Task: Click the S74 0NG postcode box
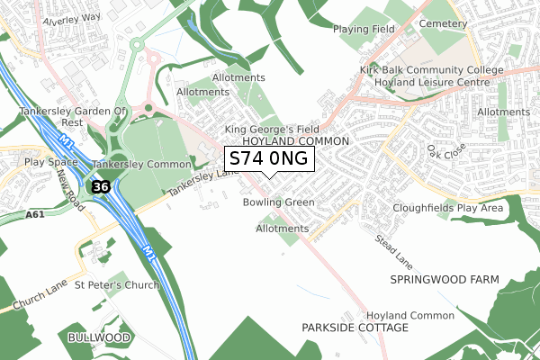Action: [x=269, y=158]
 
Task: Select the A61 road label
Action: [x=35, y=215]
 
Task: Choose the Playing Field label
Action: [x=364, y=29]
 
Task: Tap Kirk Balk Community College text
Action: [x=445, y=69]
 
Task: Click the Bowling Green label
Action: [x=278, y=202]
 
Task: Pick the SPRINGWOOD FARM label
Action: [x=444, y=280]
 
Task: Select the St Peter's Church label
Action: [x=116, y=285]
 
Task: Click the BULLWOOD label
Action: [x=99, y=337]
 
